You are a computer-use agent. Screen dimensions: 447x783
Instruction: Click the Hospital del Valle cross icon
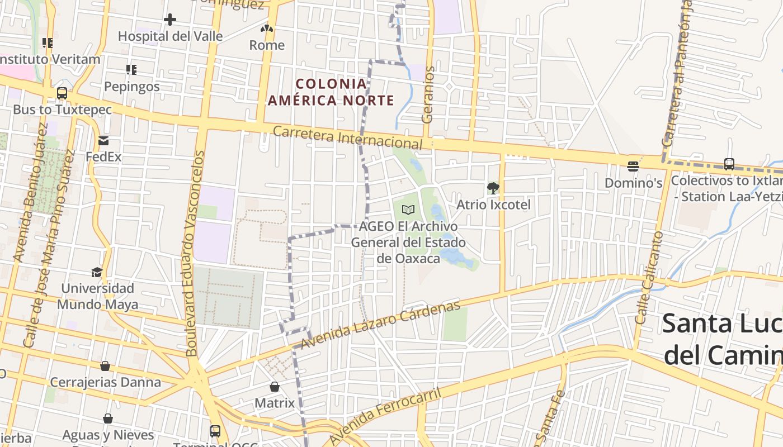click(x=170, y=20)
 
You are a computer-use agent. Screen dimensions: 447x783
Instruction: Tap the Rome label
click(x=267, y=45)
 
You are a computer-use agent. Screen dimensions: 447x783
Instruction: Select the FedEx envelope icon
click(x=103, y=140)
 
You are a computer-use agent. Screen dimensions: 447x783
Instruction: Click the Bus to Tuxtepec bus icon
click(x=62, y=93)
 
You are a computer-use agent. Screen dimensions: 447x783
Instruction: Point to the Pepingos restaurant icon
click(x=131, y=70)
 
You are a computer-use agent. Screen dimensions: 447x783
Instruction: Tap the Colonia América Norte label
click(x=331, y=92)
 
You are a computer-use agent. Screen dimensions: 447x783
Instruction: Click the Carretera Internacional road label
click(x=347, y=136)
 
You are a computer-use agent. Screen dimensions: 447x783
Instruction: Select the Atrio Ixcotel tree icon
click(x=493, y=188)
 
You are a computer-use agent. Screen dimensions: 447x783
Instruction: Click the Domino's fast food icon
click(x=633, y=166)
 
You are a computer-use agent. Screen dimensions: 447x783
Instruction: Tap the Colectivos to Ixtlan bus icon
click(x=729, y=164)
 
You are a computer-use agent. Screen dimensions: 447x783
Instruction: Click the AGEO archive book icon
click(x=409, y=210)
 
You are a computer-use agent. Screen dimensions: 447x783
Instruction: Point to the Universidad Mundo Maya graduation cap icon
click(x=97, y=272)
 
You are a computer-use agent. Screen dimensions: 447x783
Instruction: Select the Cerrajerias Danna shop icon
click(x=105, y=366)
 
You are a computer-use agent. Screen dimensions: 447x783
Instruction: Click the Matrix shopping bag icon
click(x=275, y=387)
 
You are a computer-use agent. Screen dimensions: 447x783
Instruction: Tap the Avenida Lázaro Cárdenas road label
click(x=380, y=325)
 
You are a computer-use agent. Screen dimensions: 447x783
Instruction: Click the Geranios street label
click(x=428, y=94)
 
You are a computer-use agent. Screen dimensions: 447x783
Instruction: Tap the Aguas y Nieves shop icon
click(x=107, y=419)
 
